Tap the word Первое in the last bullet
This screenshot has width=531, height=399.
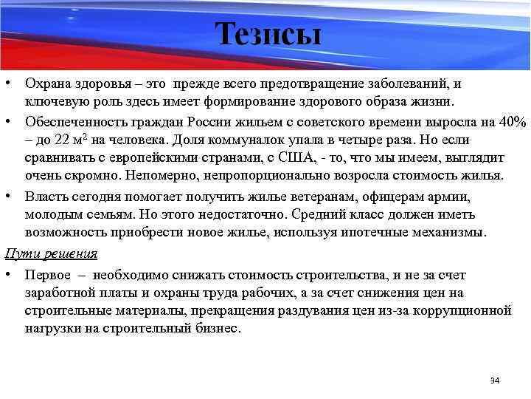tap(46, 274)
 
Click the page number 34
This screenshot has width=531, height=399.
tap(495, 381)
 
